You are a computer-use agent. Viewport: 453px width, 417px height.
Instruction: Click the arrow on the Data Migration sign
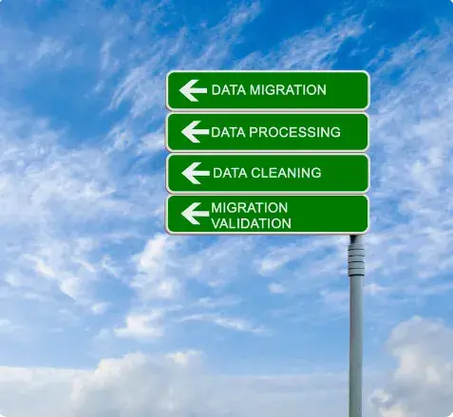click(x=193, y=90)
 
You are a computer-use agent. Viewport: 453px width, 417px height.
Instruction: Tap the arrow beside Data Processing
click(x=195, y=131)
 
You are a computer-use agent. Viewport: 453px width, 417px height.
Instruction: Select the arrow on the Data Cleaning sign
click(x=196, y=173)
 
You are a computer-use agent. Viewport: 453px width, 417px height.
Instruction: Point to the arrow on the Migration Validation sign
click(x=195, y=214)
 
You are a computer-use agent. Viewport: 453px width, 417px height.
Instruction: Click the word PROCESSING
click(x=294, y=132)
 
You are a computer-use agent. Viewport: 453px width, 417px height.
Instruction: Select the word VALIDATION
click(x=251, y=223)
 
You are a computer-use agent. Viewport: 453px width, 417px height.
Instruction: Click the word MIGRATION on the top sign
click(x=288, y=90)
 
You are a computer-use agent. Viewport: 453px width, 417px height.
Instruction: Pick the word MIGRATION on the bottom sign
click(x=250, y=208)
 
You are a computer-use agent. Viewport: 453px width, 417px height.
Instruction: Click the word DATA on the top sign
click(x=229, y=90)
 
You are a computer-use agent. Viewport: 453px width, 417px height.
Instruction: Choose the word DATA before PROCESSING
click(x=228, y=132)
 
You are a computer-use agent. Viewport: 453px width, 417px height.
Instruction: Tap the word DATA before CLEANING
click(x=230, y=173)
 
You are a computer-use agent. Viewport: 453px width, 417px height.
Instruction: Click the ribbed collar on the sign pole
click(x=356, y=259)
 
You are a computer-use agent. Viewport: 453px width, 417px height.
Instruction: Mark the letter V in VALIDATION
click(x=216, y=223)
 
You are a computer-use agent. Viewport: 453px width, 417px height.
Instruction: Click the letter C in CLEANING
click(x=256, y=173)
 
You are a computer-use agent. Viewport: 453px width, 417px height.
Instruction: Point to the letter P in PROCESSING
click(x=254, y=132)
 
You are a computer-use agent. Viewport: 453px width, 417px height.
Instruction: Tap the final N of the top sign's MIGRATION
click(x=321, y=90)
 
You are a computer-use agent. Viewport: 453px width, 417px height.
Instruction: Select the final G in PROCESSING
click(x=335, y=132)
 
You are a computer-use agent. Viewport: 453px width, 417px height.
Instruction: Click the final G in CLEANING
click(x=316, y=173)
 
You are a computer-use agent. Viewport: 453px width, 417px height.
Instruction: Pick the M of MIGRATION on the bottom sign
click(x=217, y=208)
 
